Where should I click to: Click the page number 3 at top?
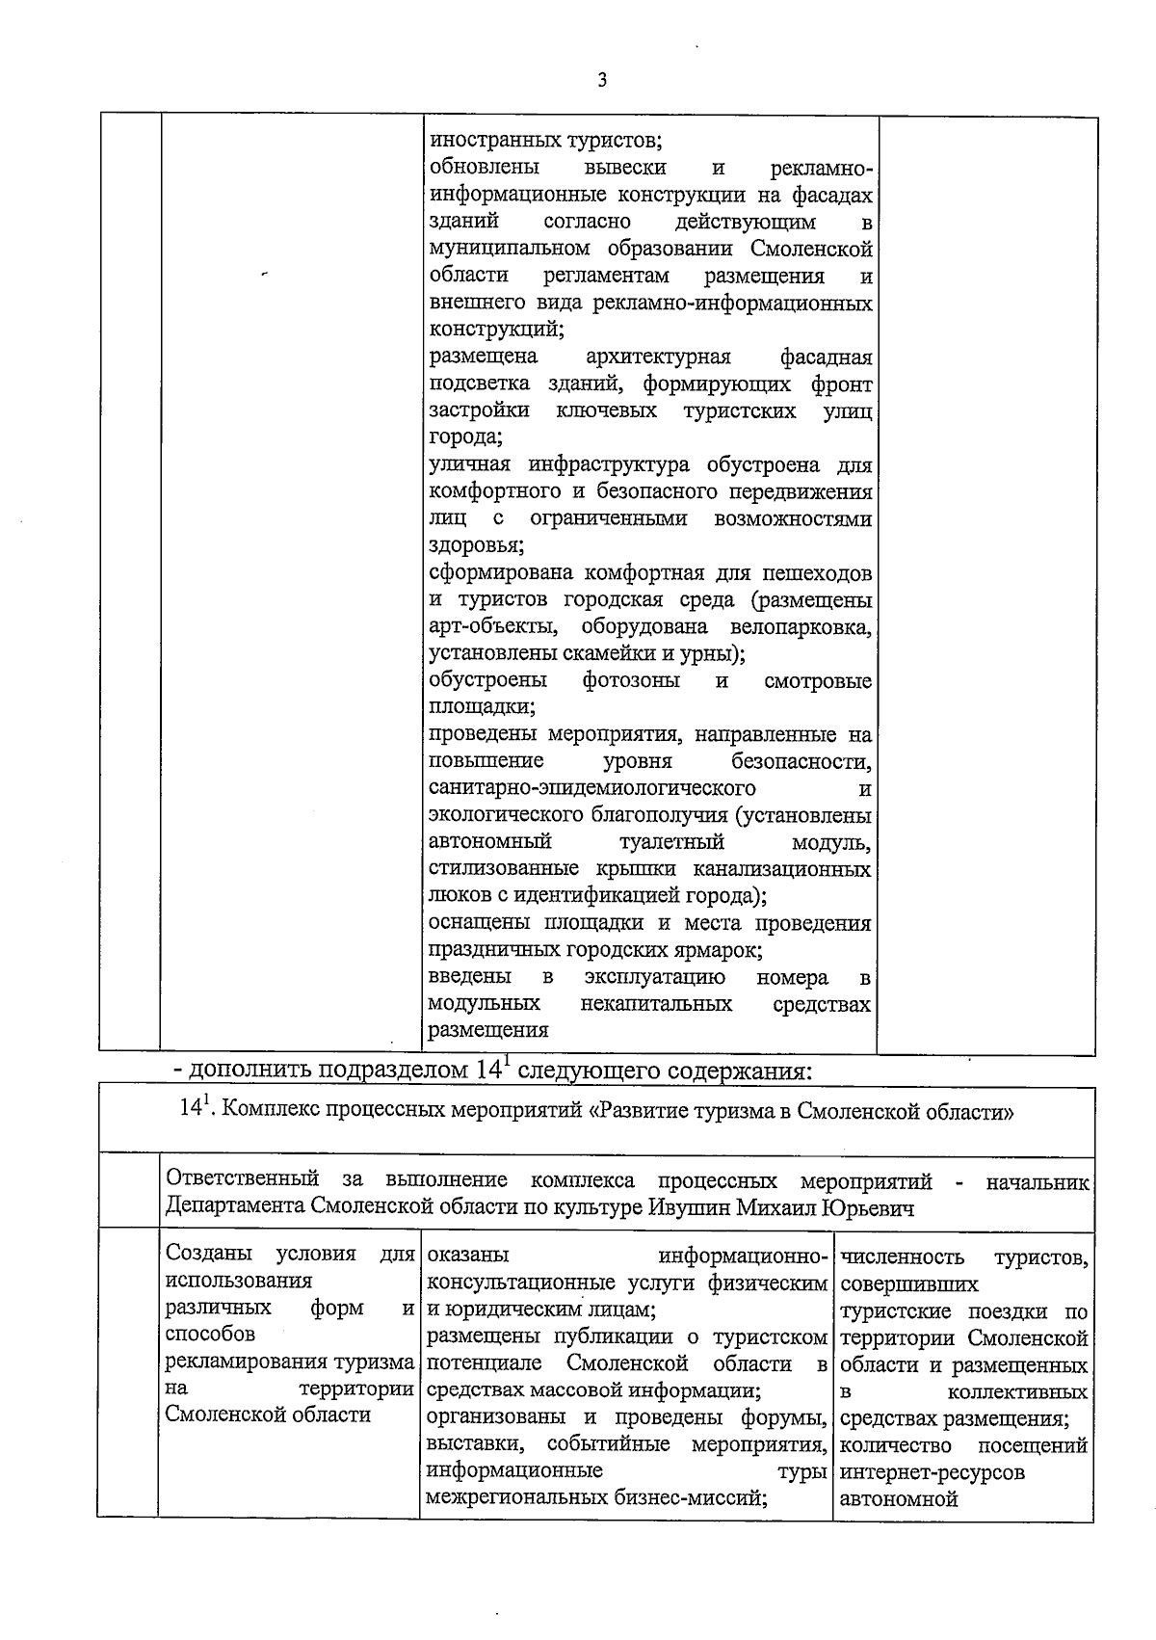coord(602,81)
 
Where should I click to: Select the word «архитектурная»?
coord(658,357)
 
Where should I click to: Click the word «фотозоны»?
coord(631,681)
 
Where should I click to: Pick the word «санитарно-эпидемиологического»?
coord(578,789)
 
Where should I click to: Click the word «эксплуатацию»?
coord(655,978)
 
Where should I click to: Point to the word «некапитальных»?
coord(656,1005)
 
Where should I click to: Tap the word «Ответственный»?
coord(242,1180)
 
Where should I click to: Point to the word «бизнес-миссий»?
coord(702,1498)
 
